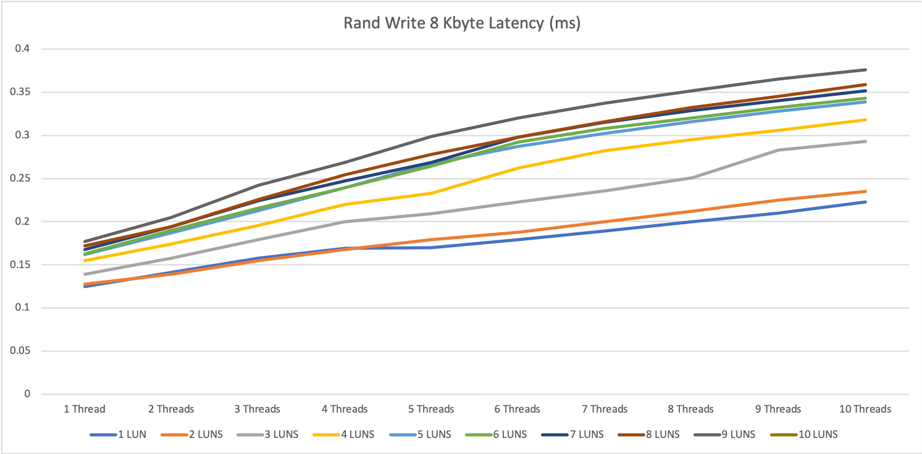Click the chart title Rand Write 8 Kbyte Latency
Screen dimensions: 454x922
[462, 24]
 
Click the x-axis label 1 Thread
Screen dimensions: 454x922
[85, 409]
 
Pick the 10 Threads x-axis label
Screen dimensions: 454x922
[865, 409]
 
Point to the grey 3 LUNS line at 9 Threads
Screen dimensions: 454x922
[779, 150]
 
